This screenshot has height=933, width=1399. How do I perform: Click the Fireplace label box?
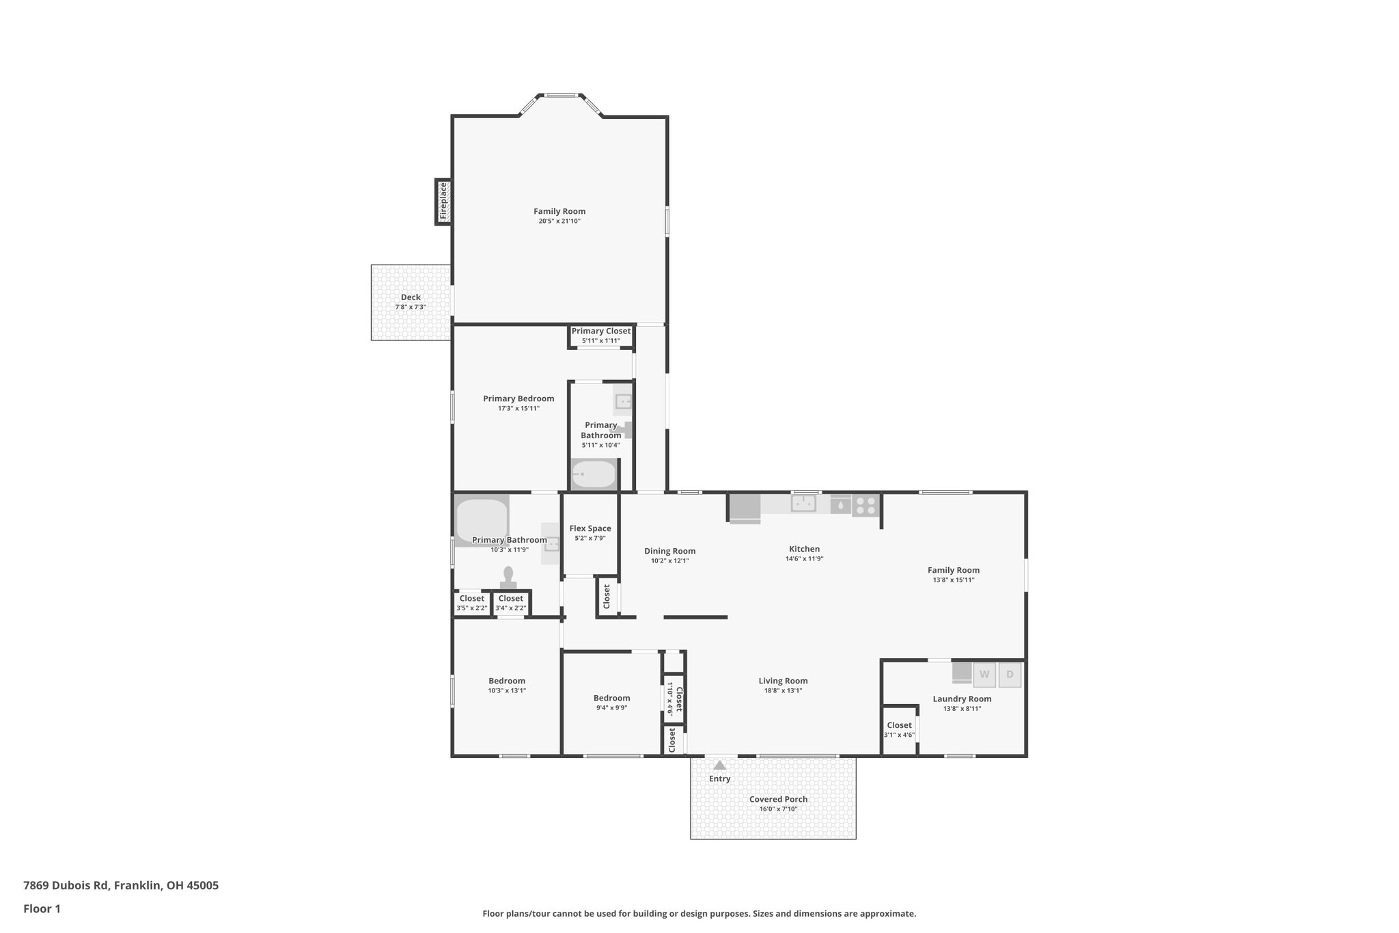(x=443, y=201)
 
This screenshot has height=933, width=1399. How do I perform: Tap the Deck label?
(x=411, y=297)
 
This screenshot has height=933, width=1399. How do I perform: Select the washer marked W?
(x=984, y=675)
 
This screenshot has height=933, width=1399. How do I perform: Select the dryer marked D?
(x=1010, y=675)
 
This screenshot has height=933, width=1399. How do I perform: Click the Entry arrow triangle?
(x=719, y=766)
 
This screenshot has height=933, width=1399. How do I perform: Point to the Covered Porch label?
(x=778, y=799)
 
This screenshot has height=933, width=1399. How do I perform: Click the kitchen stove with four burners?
(x=865, y=506)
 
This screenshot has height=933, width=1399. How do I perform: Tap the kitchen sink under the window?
(x=803, y=504)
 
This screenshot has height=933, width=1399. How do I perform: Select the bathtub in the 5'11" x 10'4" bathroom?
(x=594, y=474)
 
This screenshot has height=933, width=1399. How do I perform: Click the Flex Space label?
(x=590, y=528)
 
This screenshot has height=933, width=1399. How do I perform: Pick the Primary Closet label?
(x=601, y=332)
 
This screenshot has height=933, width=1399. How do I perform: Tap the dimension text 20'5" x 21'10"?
(x=559, y=221)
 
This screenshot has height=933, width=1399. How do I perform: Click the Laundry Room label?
(x=962, y=699)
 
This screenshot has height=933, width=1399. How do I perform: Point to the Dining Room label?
(x=669, y=551)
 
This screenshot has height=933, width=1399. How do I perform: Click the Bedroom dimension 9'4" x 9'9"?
(x=611, y=708)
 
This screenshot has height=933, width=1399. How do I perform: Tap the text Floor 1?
(x=42, y=909)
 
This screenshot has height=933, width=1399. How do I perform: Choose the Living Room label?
(x=783, y=681)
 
